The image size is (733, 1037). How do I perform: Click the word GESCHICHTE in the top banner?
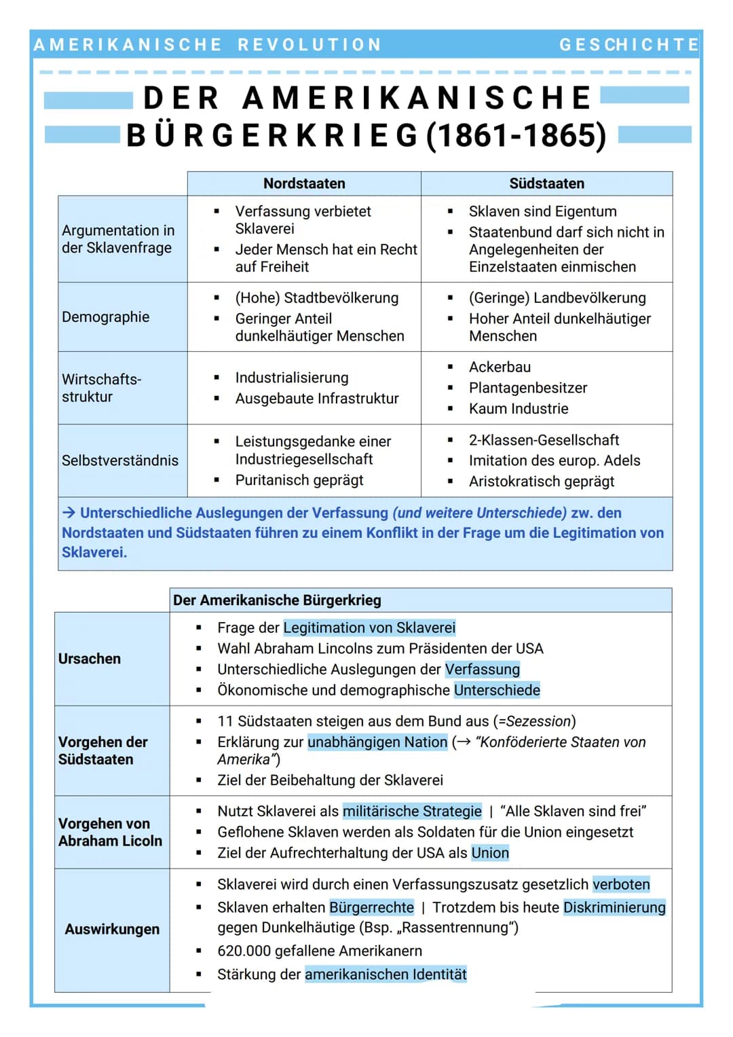coord(628,45)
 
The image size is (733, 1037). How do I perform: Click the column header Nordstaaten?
coord(304,183)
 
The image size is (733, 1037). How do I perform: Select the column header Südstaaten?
coord(546,183)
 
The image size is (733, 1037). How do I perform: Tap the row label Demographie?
coord(105,317)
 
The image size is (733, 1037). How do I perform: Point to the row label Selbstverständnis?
coord(120,460)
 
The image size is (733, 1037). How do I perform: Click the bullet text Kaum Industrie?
coord(519,409)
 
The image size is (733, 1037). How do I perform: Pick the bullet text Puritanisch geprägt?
coord(299,480)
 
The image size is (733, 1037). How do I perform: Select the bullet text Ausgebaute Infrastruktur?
coord(317,399)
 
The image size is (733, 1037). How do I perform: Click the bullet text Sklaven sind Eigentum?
coord(542,211)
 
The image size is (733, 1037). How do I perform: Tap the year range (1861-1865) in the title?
coord(516,135)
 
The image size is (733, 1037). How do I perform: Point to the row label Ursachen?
coord(90,659)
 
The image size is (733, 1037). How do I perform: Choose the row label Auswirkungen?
coord(112,929)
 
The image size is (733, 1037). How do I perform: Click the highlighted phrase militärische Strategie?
coord(412,811)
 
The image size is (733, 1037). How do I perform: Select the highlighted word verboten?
coord(621,884)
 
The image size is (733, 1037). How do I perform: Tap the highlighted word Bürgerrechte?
coord(371,907)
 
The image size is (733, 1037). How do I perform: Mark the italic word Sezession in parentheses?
coord(539,721)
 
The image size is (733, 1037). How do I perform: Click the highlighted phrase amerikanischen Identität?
coord(386,975)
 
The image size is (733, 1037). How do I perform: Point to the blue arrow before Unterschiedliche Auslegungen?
coord(69,513)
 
